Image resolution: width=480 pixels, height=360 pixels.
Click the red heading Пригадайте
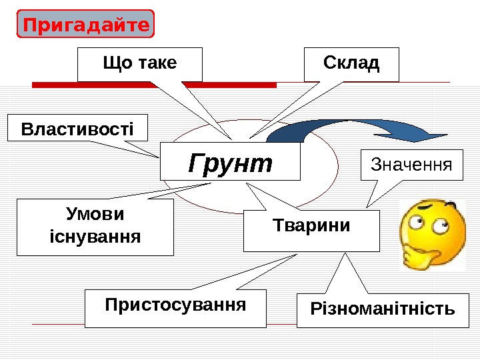pos(85,25)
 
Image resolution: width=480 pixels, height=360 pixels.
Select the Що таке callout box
pos(140,64)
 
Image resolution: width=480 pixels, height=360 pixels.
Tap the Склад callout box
pos(351,64)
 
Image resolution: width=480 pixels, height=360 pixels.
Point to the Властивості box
pos(77,127)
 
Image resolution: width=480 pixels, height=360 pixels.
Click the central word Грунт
pos(231,162)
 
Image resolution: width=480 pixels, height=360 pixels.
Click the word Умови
pos(95,215)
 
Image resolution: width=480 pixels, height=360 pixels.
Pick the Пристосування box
pos(175,307)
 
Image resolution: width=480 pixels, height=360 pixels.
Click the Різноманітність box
pos(383,310)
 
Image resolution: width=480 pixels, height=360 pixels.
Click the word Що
pos(114,63)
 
